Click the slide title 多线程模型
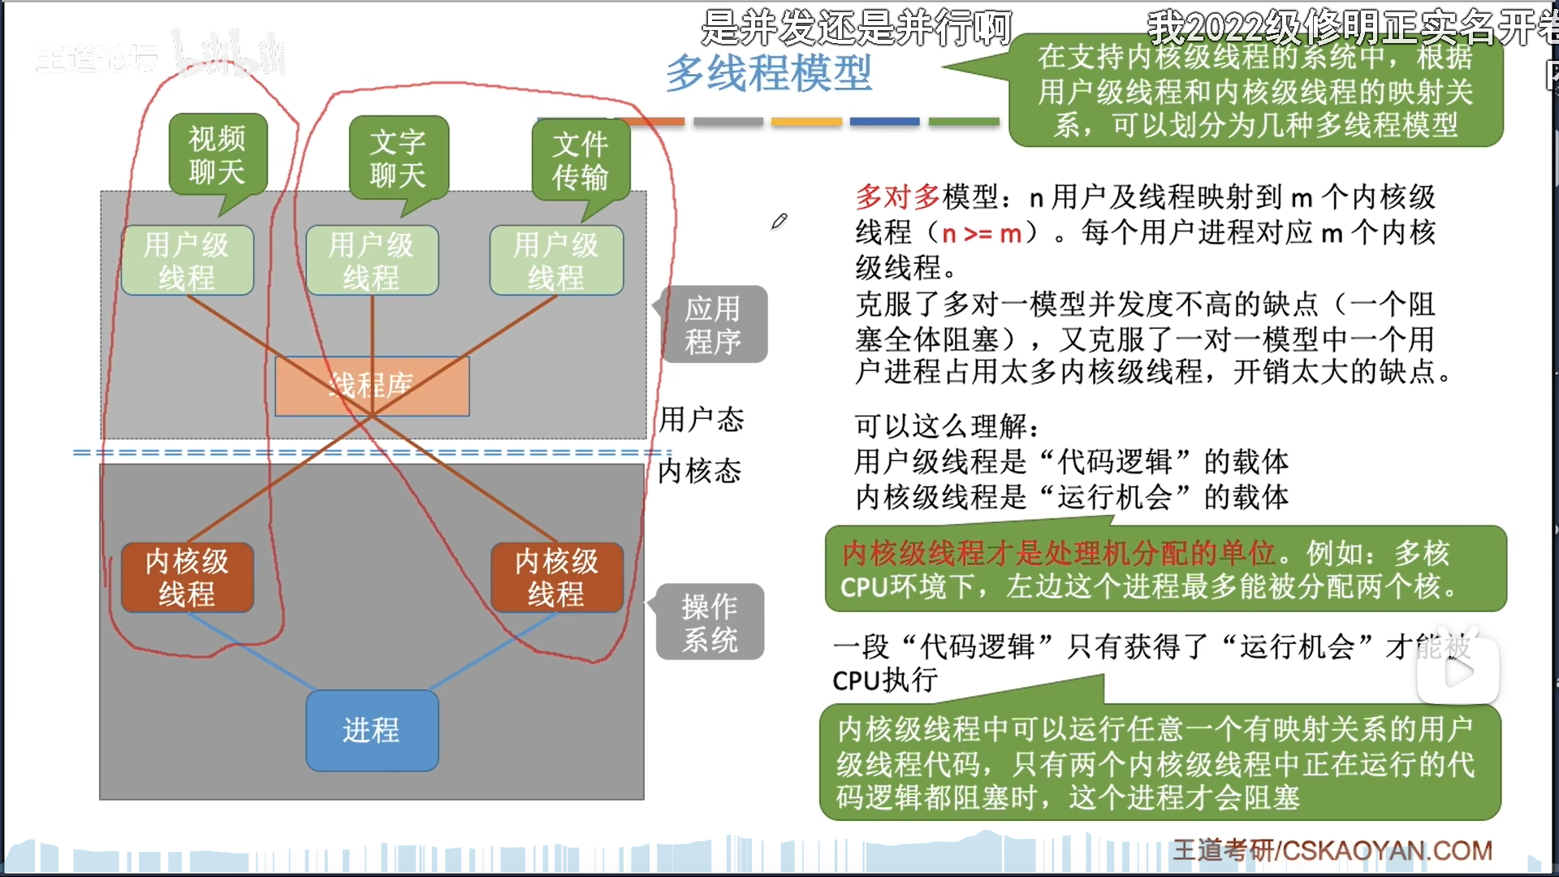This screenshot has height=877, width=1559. tap(768, 73)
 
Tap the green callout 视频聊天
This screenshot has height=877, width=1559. tap(217, 155)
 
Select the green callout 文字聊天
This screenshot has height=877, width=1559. tap(398, 158)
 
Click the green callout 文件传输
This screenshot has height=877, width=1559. tap(580, 160)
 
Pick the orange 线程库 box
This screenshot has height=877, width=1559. tap(372, 387)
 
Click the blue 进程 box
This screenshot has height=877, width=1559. tap(372, 730)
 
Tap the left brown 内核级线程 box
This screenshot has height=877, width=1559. tap(187, 577)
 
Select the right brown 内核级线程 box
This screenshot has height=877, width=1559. tap(556, 577)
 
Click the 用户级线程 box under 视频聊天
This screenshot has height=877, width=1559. tap(187, 261)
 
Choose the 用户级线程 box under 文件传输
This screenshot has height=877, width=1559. tap(556, 261)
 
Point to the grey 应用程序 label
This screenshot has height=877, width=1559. tap(713, 325)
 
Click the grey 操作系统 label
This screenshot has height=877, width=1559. tap(710, 622)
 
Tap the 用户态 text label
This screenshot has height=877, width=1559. tap(701, 420)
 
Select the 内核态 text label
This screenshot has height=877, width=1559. tap(699, 471)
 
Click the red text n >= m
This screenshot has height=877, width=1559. tap(981, 234)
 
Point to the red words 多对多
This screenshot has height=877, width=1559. tap(897, 197)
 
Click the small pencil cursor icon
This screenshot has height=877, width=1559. tap(779, 221)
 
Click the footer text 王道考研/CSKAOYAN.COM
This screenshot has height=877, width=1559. tap(1332, 850)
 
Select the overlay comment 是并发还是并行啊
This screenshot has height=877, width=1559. tap(856, 28)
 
